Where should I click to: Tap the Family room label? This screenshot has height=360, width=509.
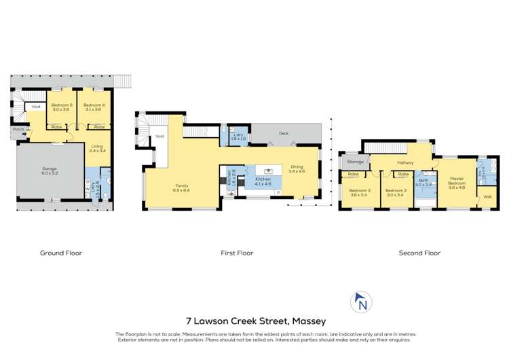[182, 188]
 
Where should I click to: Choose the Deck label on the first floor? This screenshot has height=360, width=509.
[283, 133]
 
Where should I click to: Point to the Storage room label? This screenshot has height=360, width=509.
[355, 162]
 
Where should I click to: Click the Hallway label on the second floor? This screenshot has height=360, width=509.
[405, 163]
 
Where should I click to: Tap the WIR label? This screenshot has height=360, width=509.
[487, 198]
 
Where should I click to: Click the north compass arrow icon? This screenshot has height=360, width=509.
[361, 303]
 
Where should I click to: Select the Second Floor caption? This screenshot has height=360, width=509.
[420, 253]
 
